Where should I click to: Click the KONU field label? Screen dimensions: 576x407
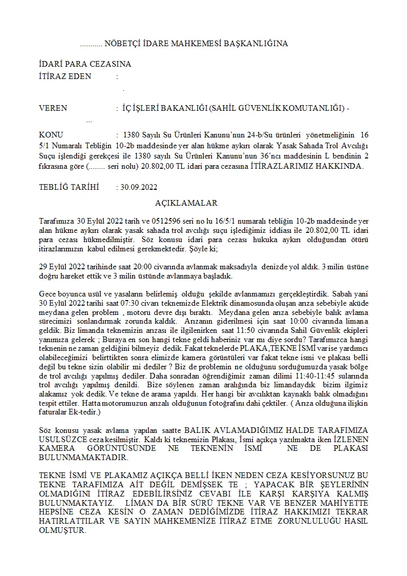point(51,135)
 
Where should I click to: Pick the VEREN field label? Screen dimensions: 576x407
point(53,108)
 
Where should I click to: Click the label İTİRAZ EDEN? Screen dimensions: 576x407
point(65,76)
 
